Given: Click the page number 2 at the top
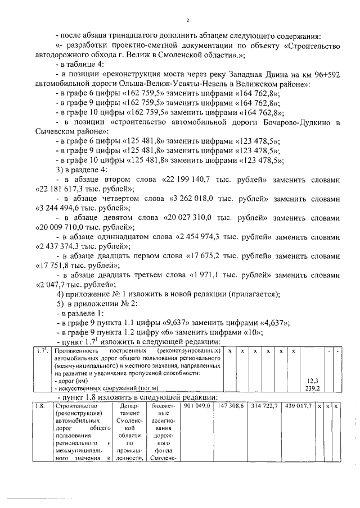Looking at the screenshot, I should click(187, 21).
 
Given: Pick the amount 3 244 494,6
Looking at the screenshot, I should click(65, 208).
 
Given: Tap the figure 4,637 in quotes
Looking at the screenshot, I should click(273, 322).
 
